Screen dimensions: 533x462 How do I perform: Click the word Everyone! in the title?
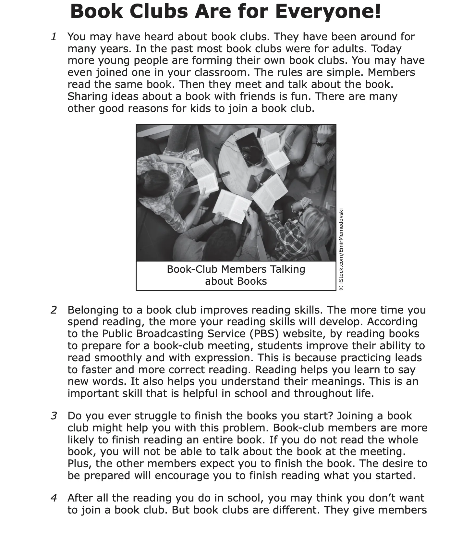pos(328,12)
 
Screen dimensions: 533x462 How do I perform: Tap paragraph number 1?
pos(54,37)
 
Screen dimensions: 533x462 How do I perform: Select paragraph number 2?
pos(54,310)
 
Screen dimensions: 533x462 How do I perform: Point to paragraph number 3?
pos(54,416)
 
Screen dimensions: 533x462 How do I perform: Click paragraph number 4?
pos(54,498)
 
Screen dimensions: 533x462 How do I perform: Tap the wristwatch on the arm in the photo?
pos(320,143)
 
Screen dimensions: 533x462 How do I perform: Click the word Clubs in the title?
pos(159,12)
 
